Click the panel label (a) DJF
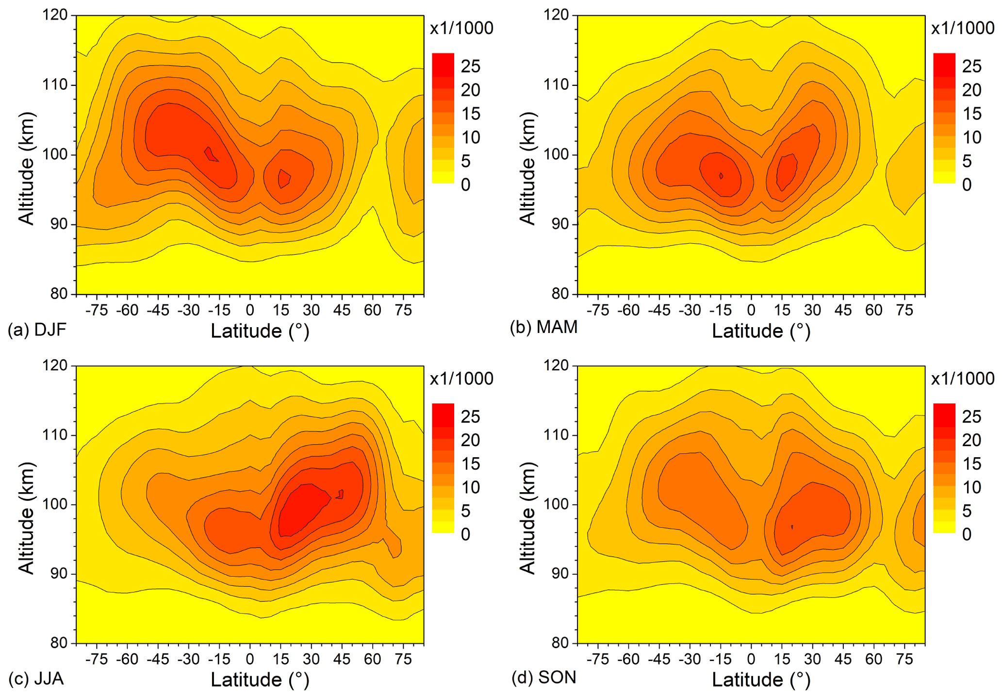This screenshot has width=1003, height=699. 37,330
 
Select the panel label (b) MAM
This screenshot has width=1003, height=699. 543,328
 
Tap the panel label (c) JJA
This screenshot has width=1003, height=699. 36,678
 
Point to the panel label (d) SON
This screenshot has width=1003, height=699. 543,677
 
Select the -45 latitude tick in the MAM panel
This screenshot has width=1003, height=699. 659,310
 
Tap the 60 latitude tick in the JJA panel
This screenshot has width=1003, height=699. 373,659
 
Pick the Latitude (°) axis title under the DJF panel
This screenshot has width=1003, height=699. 260,331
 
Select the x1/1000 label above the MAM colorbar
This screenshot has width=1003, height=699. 963,28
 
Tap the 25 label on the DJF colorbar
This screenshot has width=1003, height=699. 470,67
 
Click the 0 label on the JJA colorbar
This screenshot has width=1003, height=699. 465,534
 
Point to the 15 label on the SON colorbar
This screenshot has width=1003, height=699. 971,464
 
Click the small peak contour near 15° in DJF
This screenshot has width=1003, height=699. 284,179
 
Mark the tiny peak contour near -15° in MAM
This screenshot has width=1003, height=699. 722,176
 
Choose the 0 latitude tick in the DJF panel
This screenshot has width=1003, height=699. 250,310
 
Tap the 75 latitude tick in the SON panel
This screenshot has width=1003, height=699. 904,659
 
